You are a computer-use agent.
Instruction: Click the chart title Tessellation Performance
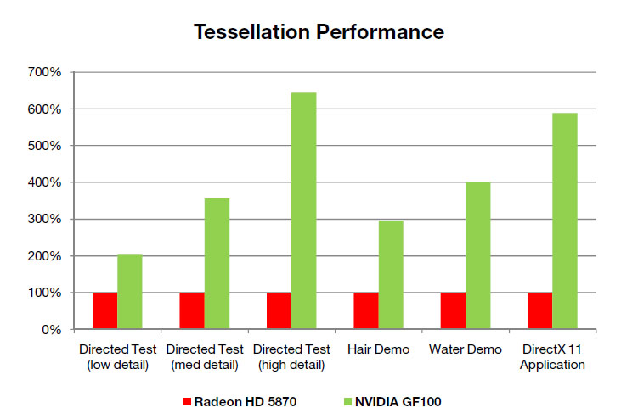(319, 32)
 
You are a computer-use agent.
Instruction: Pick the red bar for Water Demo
(453, 310)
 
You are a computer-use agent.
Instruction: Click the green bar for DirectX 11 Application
(564, 221)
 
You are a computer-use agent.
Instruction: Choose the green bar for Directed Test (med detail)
(217, 264)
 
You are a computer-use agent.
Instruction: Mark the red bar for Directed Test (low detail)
(104, 310)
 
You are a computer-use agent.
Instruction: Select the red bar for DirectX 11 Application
(539, 310)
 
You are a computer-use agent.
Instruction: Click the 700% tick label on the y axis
(44, 73)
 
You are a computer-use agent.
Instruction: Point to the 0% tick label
(51, 329)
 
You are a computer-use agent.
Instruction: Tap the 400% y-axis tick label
(44, 182)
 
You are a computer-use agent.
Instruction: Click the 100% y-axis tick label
(44, 293)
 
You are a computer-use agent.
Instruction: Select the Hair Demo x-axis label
(378, 349)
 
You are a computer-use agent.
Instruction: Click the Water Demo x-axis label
(466, 349)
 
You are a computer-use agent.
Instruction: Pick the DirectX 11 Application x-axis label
(552, 357)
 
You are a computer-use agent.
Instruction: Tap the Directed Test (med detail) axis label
(204, 357)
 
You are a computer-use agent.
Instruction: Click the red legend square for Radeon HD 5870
(188, 400)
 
